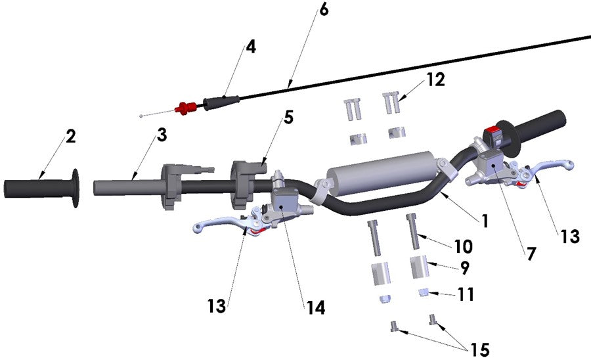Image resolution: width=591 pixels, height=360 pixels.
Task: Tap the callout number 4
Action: pyautogui.click(x=251, y=47)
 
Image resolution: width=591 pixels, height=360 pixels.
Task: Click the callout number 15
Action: pyautogui.click(x=480, y=349)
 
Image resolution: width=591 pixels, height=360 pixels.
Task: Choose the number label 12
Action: pyautogui.click(x=435, y=79)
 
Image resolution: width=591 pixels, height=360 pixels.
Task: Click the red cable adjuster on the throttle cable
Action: pyautogui.click(x=185, y=106)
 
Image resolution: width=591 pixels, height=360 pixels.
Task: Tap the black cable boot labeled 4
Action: pyautogui.click(x=221, y=101)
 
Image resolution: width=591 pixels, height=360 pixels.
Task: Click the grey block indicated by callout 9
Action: pyautogui.click(x=420, y=268)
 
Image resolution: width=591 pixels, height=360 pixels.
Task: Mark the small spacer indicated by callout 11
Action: pyautogui.click(x=424, y=292)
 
